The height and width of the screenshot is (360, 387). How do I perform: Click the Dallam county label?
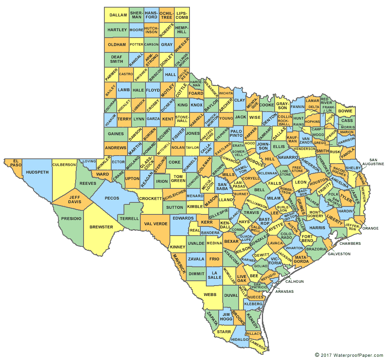(x=118, y=15)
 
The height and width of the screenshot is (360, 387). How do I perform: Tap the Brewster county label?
(x=101, y=227)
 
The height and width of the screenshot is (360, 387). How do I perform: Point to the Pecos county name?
(x=112, y=198)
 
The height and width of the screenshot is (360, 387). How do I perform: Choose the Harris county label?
(x=317, y=228)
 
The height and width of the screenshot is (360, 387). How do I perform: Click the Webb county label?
(x=210, y=294)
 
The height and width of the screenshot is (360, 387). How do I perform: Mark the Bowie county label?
(x=345, y=111)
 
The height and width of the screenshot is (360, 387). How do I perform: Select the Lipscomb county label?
(x=182, y=15)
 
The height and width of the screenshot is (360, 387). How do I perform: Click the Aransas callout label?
(x=284, y=292)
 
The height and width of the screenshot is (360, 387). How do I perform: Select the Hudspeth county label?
(x=37, y=172)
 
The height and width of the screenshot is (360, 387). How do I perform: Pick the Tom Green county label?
(x=178, y=178)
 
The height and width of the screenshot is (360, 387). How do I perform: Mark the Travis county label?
(x=251, y=212)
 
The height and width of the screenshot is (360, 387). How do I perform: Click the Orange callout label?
(x=370, y=228)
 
